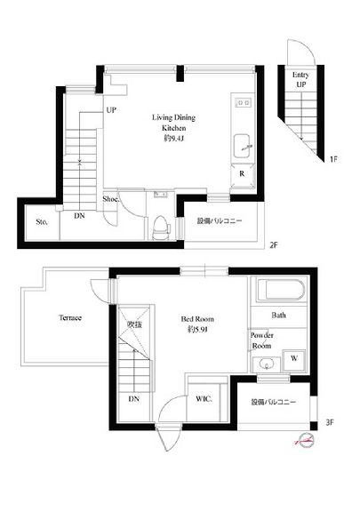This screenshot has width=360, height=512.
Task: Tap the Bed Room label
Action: click(196, 324)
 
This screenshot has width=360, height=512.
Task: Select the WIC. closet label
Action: click(204, 399)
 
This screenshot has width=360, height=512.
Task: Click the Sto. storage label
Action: click(41, 221)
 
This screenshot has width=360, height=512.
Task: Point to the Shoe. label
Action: click(111, 199)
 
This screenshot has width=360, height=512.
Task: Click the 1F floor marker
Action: click(333, 160)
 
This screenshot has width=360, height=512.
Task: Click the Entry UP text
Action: click(301, 81)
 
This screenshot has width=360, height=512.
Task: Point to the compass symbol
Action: click(304, 440)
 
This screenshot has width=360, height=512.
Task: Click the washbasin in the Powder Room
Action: click(266, 364)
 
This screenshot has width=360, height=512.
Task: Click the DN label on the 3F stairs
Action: click(133, 399)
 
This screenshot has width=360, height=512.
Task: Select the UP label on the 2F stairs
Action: click(111, 110)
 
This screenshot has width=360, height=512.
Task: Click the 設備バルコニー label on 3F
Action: click(273, 403)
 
